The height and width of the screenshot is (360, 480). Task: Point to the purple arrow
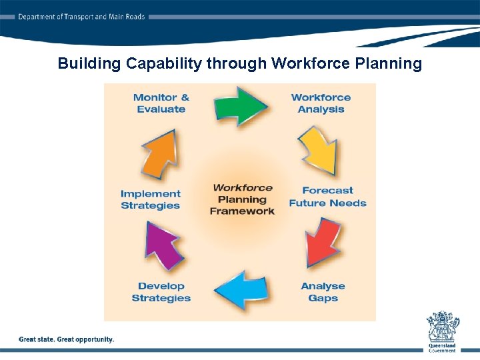[164, 245]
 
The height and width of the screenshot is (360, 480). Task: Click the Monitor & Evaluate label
[161, 103]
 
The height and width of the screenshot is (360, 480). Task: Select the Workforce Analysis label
[321, 103]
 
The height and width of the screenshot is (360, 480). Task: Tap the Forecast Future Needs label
[327, 197]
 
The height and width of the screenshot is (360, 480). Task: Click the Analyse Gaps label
[323, 292]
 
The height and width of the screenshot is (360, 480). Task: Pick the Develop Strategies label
[161, 292]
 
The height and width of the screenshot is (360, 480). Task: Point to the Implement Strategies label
[151, 199]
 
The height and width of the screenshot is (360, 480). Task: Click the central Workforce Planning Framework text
[242, 199]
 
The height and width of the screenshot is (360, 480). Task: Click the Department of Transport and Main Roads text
[81, 17]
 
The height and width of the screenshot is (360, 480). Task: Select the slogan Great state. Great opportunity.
[67, 339]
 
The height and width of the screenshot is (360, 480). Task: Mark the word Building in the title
[88, 64]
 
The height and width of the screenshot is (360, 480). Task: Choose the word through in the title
[237, 64]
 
